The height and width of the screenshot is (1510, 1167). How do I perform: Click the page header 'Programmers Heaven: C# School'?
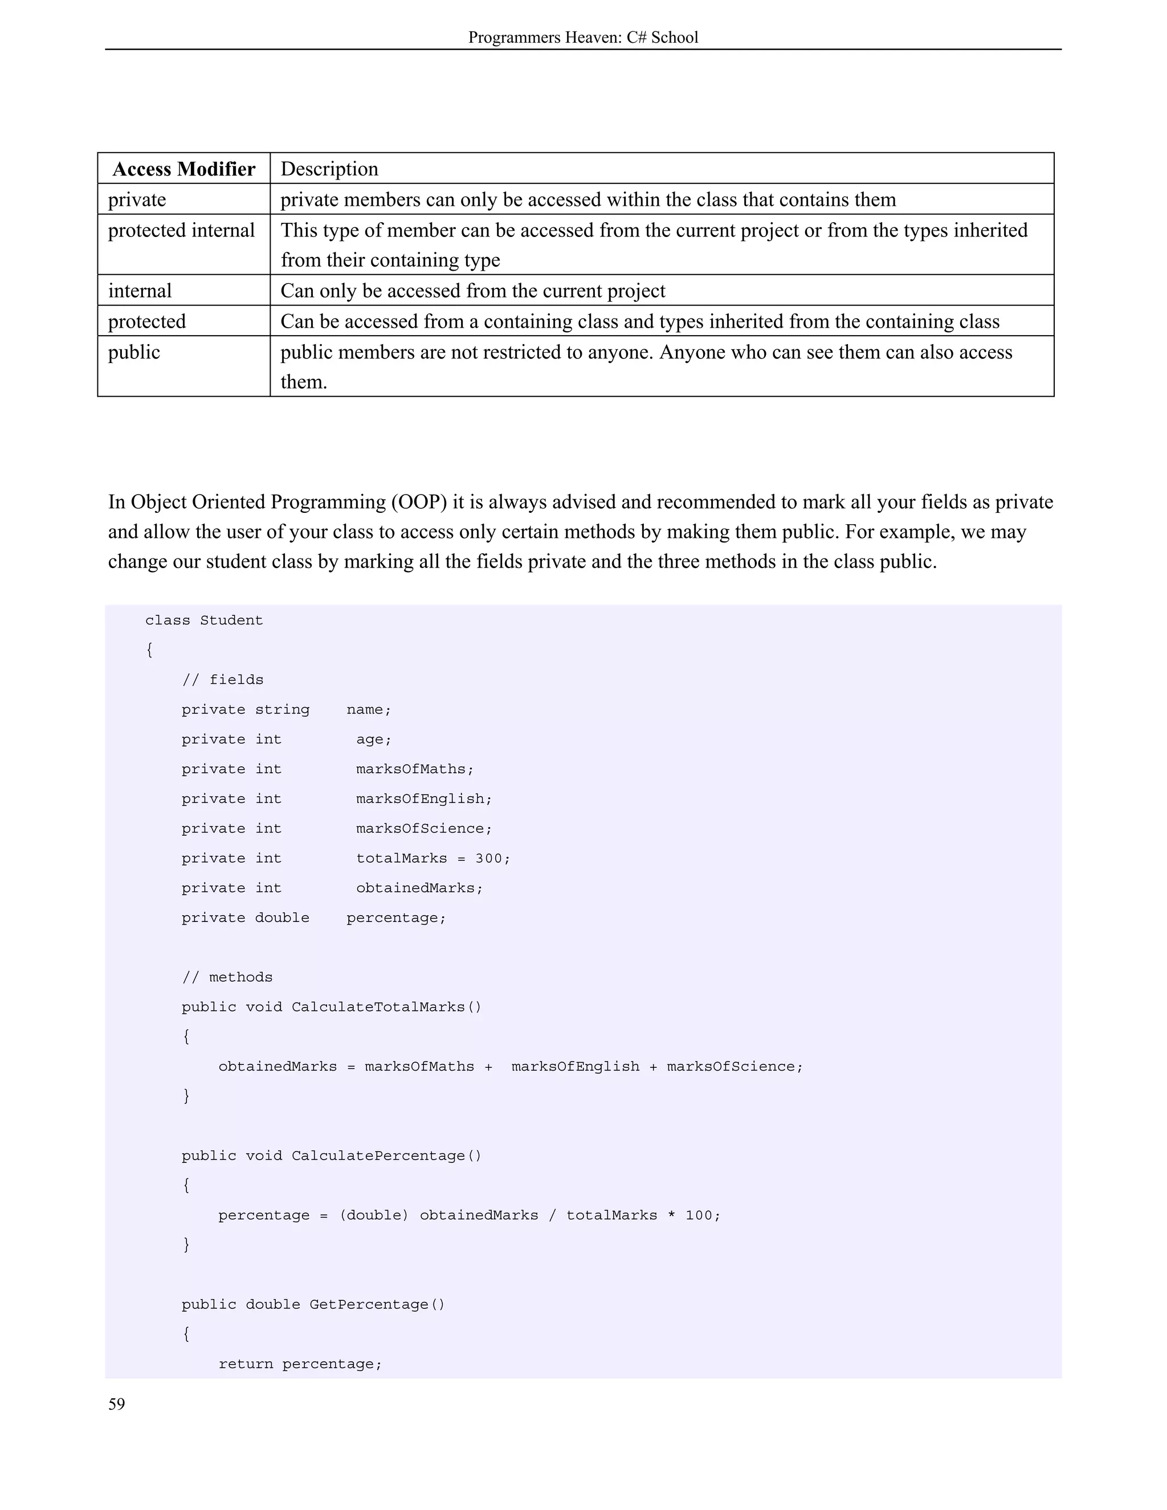pyautogui.click(x=583, y=38)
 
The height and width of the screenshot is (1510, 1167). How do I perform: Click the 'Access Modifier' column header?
pyautogui.click(x=184, y=169)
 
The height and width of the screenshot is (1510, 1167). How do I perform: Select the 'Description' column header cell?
pyautogui.click(x=329, y=169)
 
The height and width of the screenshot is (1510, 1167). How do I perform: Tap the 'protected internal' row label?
pyautogui.click(x=181, y=230)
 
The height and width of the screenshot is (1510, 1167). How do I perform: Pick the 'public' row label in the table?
pyautogui.click(x=134, y=352)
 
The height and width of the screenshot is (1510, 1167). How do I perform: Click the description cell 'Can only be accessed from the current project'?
pyautogui.click(x=473, y=291)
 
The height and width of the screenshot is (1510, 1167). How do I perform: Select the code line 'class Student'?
pyautogui.click(x=204, y=620)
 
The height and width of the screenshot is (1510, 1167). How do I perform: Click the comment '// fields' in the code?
pyautogui.click(x=223, y=680)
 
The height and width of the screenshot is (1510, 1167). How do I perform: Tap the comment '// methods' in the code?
pyautogui.click(x=227, y=977)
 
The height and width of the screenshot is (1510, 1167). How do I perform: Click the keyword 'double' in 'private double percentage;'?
pyautogui.click(x=282, y=917)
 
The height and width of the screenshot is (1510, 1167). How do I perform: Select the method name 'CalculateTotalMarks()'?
pyautogui.click(x=386, y=1007)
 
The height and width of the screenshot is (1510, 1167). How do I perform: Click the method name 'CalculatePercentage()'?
pyautogui.click(x=386, y=1156)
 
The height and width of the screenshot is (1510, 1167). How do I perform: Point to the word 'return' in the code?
pyautogui.click(x=246, y=1364)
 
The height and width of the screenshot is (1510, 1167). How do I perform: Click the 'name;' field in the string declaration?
pyautogui.click(x=369, y=709)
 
